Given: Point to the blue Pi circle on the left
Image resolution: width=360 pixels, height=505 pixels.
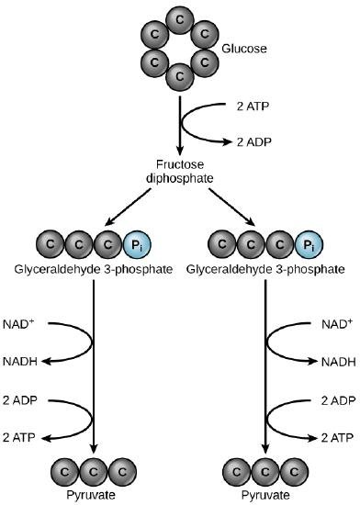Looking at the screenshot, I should (139, 245).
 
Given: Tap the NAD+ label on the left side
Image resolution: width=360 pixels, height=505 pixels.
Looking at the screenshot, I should (25, 324).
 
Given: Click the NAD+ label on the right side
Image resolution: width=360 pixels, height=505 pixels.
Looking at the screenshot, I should (335, 324).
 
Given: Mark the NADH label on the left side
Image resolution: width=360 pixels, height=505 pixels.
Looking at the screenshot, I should (24, 363).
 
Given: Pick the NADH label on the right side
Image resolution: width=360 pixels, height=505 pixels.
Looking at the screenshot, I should (336, 363).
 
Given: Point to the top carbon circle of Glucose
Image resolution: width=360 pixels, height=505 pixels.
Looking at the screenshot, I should (180, 19).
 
